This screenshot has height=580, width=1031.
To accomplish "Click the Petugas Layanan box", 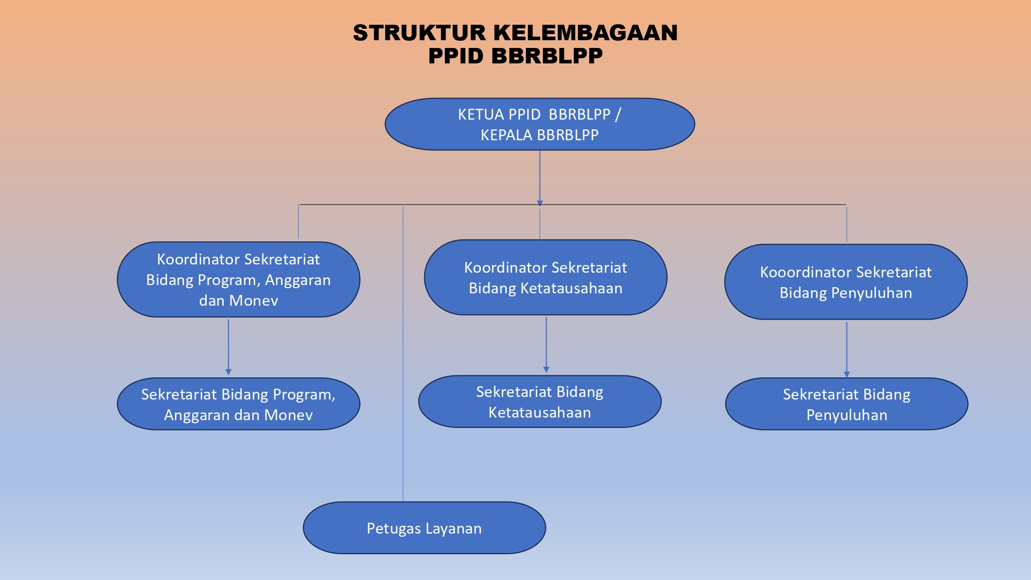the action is [x=424, y=528].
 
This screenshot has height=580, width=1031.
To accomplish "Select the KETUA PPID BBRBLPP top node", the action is [x=540, y=124].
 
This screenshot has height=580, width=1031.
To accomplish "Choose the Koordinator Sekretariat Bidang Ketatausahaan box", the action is [x=546, y=277].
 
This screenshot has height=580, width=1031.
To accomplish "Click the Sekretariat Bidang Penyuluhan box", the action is [x=846, y=404].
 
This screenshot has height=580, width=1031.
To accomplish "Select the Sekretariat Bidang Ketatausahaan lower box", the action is [x=540, y=402].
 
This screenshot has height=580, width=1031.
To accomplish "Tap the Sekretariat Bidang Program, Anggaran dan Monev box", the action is [x=239, y=404].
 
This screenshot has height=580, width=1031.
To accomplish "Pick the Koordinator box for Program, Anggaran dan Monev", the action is [x=239, y=279].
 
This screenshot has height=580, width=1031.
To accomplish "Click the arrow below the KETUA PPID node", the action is [x=540, y=178].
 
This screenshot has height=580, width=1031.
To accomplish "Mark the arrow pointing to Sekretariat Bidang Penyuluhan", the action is [x=846, y=350].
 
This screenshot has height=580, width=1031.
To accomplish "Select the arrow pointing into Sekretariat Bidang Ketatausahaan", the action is [x=546, y=345].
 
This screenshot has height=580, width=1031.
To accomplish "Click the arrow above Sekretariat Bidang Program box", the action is [x=228, y=347].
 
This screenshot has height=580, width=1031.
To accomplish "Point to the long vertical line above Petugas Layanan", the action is [x=403, y=354].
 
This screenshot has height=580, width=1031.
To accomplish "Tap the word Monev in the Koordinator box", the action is [x=254, y=301].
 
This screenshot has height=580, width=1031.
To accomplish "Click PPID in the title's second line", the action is [x=457, y=56].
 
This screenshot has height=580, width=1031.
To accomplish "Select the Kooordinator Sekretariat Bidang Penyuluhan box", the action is [x=846, y=282].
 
